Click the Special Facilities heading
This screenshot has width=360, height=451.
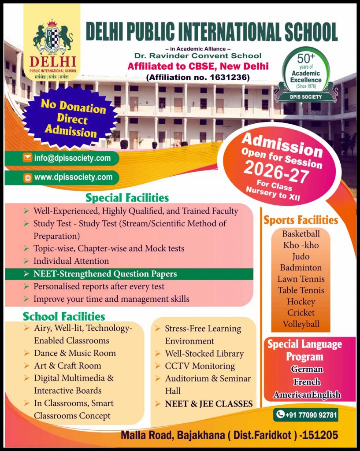(127, 197)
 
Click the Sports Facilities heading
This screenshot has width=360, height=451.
(301, 220)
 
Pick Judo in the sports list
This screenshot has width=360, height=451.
(301, 256)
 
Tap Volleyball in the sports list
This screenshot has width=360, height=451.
(301, 325)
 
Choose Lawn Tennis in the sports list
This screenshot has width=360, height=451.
(301, 279)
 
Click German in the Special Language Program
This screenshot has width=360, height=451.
(306, 369)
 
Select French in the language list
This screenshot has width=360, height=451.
(307, 382)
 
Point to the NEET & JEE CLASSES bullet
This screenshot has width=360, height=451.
(208, 404)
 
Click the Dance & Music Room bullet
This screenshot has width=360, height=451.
(74, 353)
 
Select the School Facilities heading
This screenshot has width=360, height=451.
(64, 316)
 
